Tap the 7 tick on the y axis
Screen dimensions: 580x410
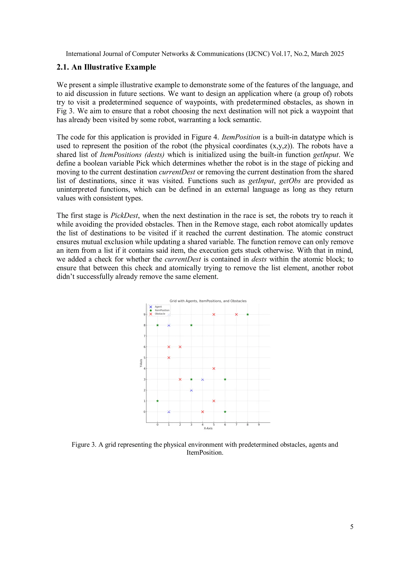click(x=145, y=336)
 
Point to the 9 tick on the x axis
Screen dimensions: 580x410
click(x=259, y=425)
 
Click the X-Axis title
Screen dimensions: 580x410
click(x=208, y=428)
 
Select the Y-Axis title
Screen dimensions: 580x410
click(x=141, y=363)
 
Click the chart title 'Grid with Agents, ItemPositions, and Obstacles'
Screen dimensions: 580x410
click(x=208, y=301)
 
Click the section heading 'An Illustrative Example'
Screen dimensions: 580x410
click(x=114, y=67)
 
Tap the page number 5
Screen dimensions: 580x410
click(x=351, y=527)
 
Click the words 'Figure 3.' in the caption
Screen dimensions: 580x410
click(x=84, y=445)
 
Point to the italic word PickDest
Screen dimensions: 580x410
click(x=124, y=215)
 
